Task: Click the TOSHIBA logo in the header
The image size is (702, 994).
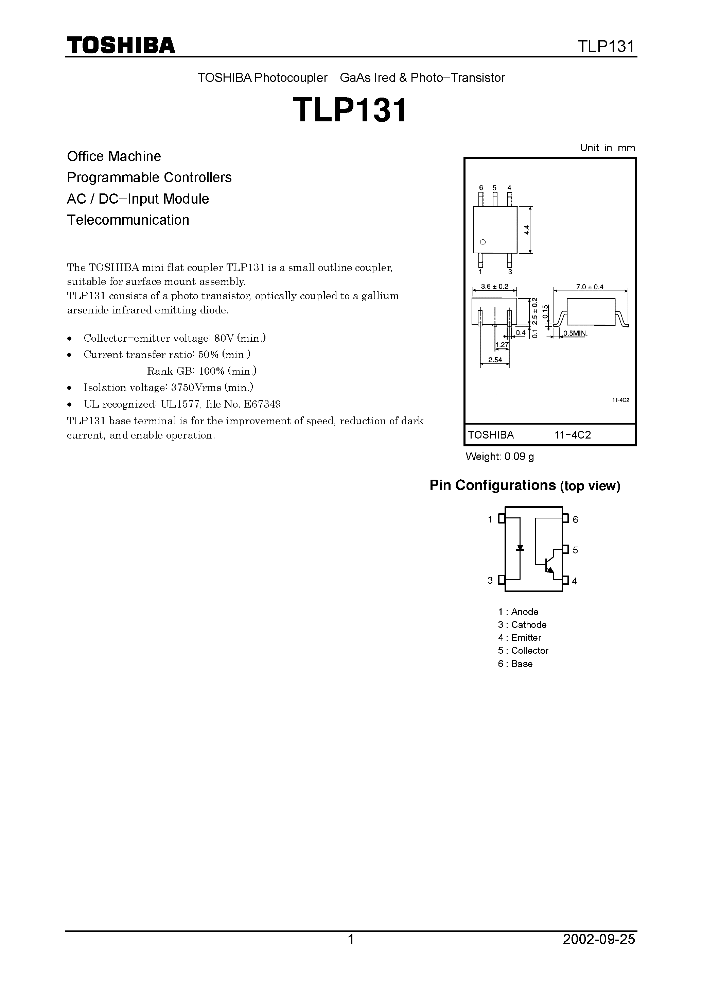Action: (120, 45)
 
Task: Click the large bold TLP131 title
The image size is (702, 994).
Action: (350, 110)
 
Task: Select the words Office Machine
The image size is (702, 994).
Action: (114, 156)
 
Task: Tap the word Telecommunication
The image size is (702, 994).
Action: (128, 220)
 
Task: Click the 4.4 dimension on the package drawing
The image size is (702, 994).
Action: (526, 230)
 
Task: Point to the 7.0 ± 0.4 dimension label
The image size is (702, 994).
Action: (590, 287)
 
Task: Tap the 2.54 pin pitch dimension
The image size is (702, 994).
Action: (495, 360)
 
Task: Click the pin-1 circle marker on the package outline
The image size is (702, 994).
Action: (483, 242)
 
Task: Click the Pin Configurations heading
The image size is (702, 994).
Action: (493, 485)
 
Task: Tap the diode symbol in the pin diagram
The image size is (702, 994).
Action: (520, 548)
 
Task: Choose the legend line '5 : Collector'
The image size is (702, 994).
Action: (523, 650)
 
